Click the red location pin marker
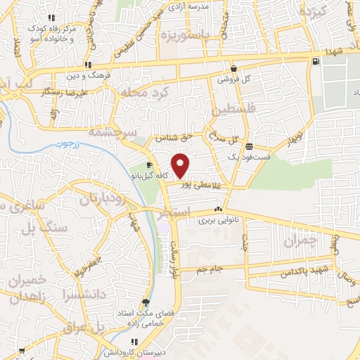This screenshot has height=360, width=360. click(181, 165)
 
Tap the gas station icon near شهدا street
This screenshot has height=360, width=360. click(314, 61)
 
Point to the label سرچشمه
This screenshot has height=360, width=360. click(112, 131)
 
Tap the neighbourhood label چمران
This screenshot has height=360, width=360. click(302, 240)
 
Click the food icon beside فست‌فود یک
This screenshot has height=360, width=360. click(250, 146)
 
